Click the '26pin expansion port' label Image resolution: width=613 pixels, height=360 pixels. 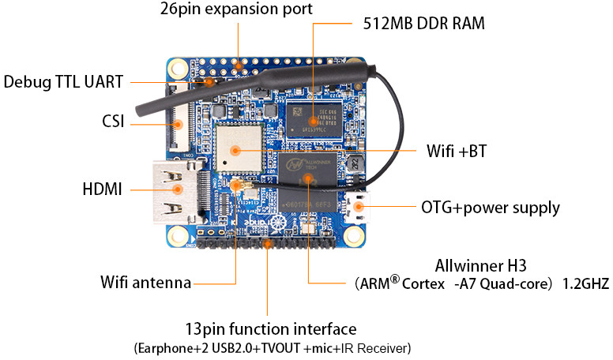pos(236,9)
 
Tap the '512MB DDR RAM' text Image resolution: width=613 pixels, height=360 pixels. pos(423,24)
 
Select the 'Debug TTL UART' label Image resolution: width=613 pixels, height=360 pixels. pos(63,82)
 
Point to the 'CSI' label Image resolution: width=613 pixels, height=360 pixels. pos(113,121)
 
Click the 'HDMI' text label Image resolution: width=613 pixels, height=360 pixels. pos(103,189)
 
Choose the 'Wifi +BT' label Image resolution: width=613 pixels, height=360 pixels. pos(457,151)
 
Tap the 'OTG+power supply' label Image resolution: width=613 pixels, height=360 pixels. pos(491,208)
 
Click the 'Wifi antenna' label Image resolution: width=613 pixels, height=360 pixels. pos(146,282)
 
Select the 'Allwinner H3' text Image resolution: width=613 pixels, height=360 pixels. pos(480,266)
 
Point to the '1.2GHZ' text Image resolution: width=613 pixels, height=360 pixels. pos(585,283)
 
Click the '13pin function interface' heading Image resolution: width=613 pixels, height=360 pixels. pos(270,329)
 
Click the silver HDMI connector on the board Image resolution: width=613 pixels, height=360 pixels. pos(178,192)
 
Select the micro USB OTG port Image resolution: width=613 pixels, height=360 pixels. pos(356,207)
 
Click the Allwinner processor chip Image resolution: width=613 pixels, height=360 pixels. pos(307,182)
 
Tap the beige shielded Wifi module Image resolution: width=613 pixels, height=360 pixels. pos(239,148)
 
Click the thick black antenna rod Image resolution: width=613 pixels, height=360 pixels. pos(254,87)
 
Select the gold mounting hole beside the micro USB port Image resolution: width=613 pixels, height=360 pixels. pos(354,235)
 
